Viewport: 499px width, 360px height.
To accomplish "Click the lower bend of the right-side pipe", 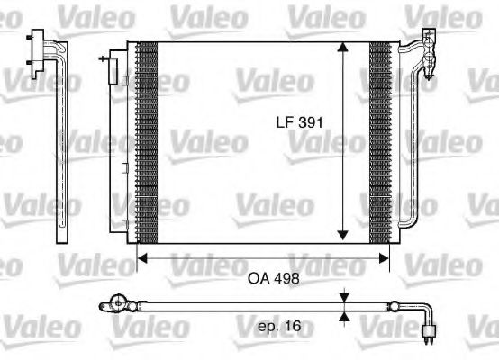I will [x=410, y=220].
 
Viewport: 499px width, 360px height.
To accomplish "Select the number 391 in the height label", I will [x=310, y=121].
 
